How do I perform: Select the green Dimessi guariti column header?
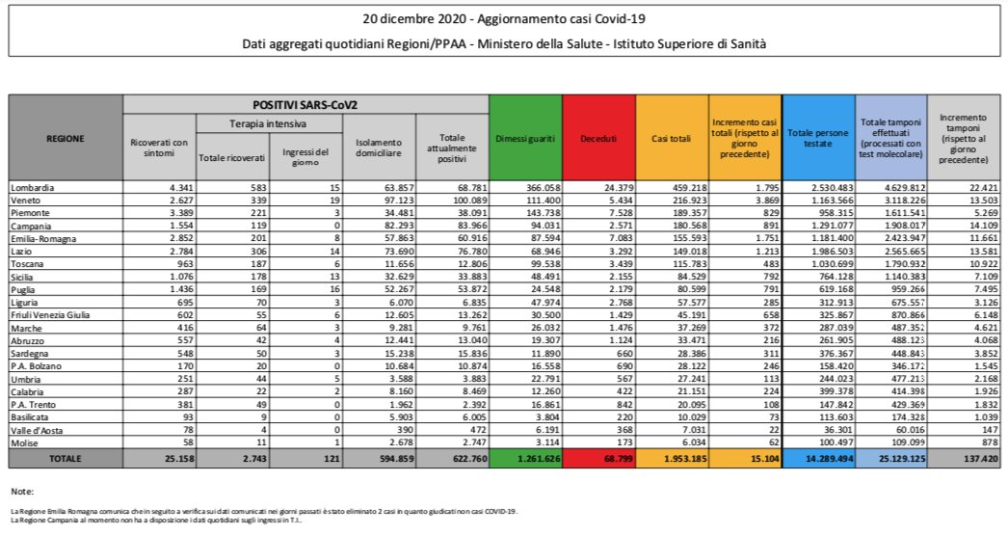(x=525, y=139)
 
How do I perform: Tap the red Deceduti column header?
(x=598, y=139)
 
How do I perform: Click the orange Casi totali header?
(x=672, y=139)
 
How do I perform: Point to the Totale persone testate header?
(x=818, y=138)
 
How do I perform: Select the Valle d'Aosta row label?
(x=36, y=429)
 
